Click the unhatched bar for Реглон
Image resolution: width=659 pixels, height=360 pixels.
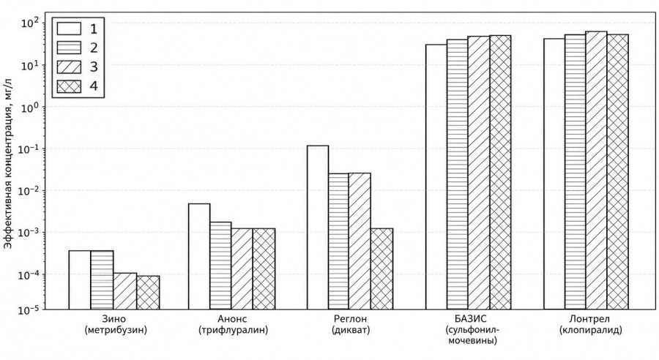coord(318,228)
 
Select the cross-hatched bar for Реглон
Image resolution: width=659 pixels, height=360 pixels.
coord(381,269)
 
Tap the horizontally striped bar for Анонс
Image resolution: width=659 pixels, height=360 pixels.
coord(220,266)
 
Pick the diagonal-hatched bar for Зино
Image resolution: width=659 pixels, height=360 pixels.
coord(124,291)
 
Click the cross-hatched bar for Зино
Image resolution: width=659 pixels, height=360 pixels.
coord(148,293)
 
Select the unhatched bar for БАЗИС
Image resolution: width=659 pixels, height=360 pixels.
coord(436,177)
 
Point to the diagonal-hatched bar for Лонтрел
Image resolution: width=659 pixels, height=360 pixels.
coord(596,170)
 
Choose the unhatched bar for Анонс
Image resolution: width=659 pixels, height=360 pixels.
coord(199,257)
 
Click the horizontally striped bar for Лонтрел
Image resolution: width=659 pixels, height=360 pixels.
coord(576,172)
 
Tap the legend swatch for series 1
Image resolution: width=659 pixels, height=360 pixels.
coord(69,29)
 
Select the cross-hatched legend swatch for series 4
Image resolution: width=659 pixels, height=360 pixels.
coord(69,86)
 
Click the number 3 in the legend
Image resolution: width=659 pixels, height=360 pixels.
coord(93,67)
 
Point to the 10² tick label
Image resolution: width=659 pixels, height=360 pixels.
coord(30,22)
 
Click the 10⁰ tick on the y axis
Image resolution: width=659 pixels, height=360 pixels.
coord(44,107)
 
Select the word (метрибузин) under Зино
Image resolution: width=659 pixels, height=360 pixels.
coord(116,330)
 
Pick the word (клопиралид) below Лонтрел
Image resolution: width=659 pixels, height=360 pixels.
coord(590,330)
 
